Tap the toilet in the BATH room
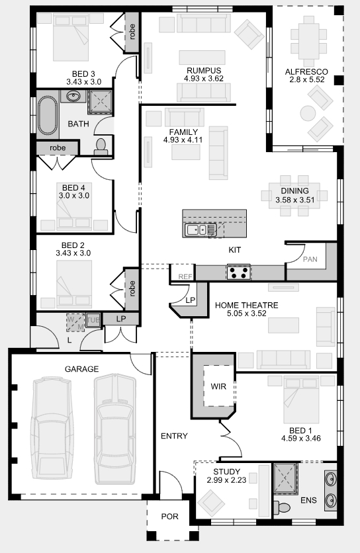click(101, 146)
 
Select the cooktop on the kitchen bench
click(239, 272)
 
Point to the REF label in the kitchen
click(185, 277)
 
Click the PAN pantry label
click(310, 259)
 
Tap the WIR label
click(218, 386)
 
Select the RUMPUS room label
click(204, 71)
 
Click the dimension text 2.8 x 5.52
click(307, 79)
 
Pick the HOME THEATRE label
click(247, 305)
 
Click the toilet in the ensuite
click(282, 507)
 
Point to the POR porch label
click(170, 517)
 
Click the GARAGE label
click(81, 369)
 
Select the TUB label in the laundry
click(93, 320)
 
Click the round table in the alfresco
click(308, 114)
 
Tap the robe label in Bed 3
click(132, 32)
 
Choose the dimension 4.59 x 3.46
click(301, 439)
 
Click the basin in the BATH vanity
click(73, 96)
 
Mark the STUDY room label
click(226, 472)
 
